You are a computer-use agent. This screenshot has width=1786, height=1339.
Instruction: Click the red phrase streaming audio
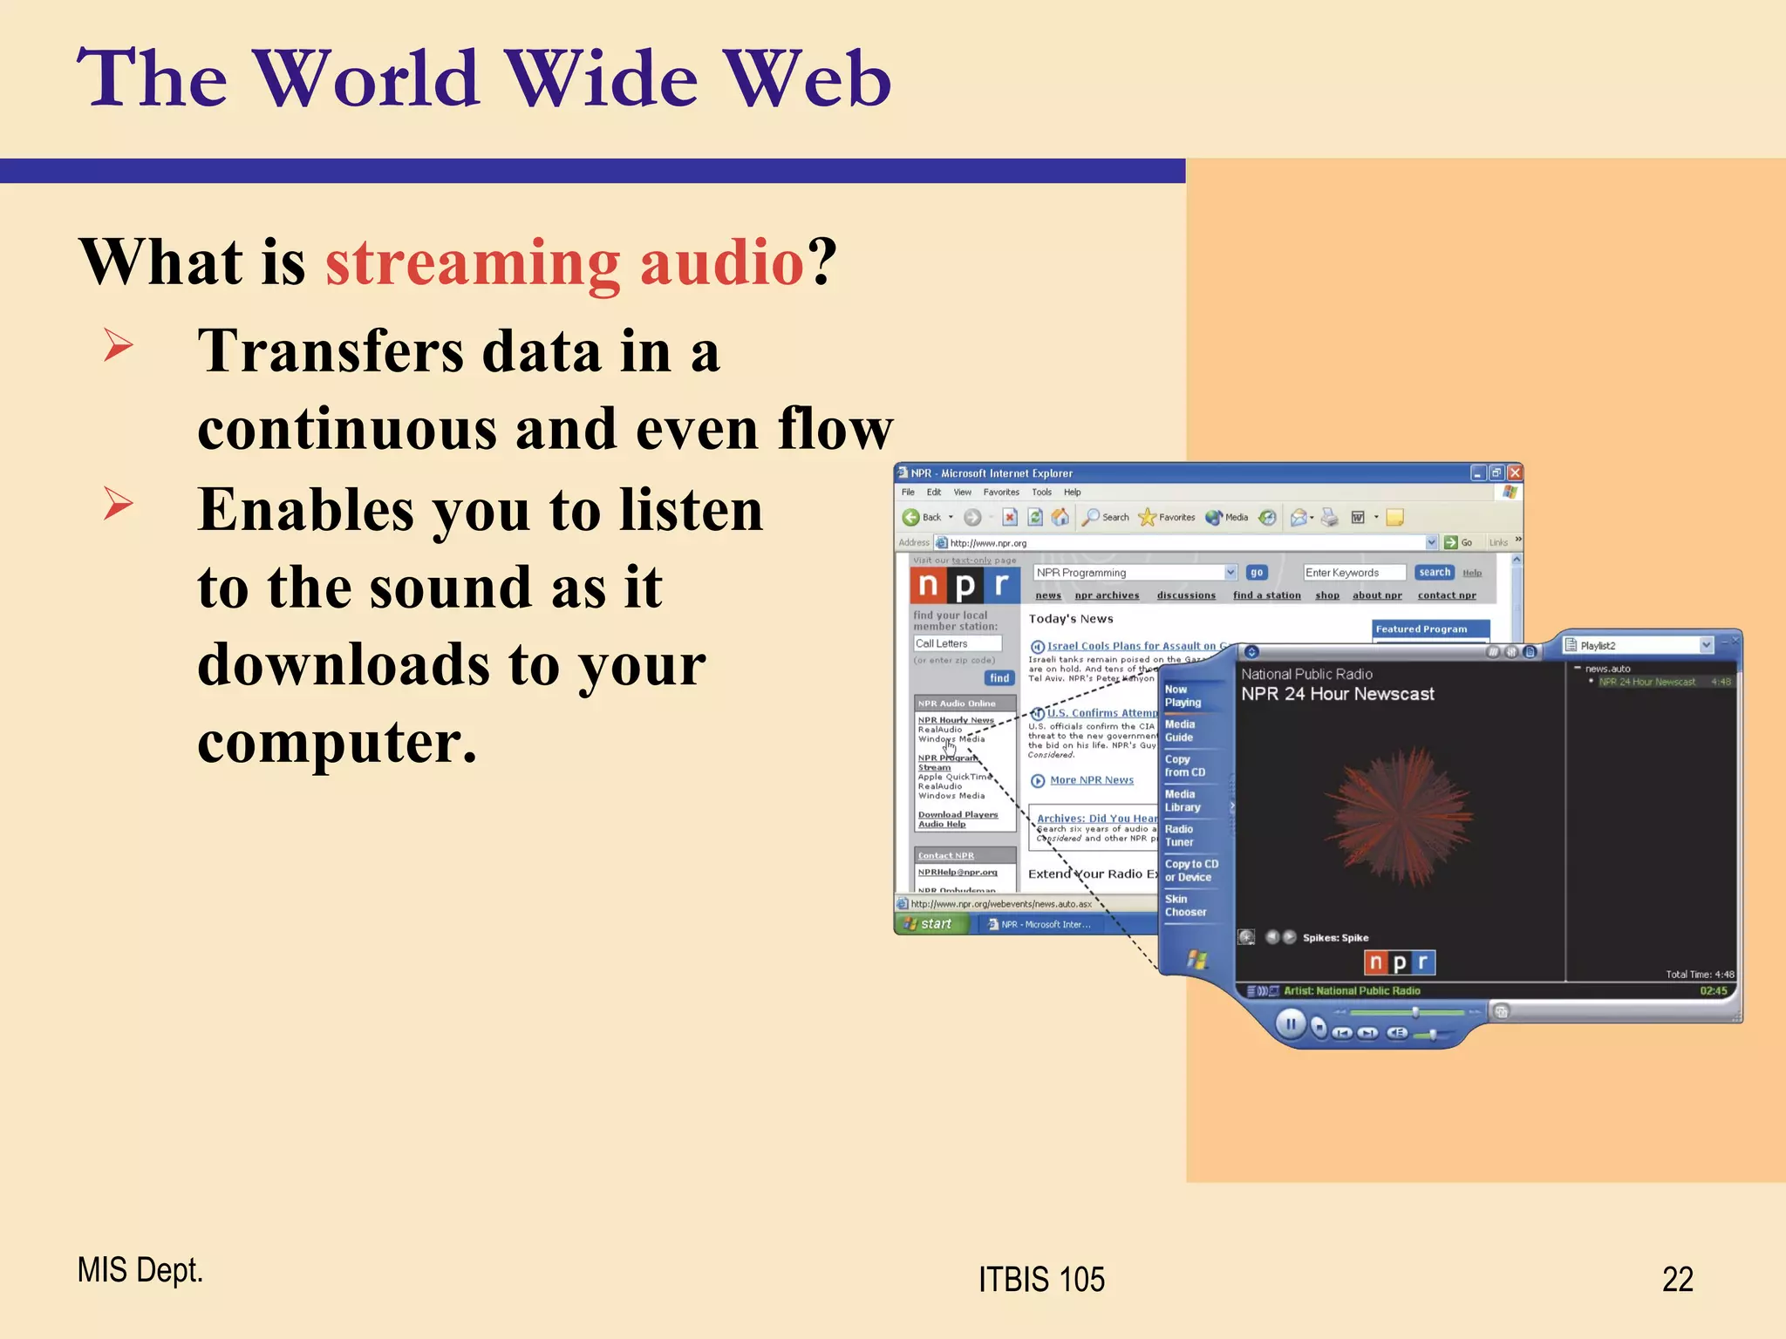pyautogui.click(x=564, y=262)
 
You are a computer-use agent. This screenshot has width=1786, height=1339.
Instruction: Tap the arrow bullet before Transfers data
pyautogui.click(x=119, y=345)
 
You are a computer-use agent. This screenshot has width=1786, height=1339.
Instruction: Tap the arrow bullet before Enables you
pyautogui.click(x=119, y=504)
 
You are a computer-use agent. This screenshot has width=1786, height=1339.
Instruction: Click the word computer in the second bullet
pyautogui.click(x=337, y=743)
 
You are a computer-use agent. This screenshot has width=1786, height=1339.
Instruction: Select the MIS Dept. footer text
pyautogui.click(x=140, y=1270)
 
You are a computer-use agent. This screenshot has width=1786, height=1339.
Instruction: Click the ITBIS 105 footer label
pyautogui.click(x=1041, y=1280)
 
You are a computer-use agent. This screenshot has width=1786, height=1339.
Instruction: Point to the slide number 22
pyautogui.click(x=1677, y=1280)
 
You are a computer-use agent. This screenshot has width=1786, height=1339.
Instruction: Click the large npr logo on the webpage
pyautogui.click(x=964, y=586)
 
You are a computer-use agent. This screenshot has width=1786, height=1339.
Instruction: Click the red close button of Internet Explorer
pyautogui.click(x=1515, y=472)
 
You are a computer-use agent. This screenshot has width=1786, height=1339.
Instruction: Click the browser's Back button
pyautogui.click(x=923, y=517)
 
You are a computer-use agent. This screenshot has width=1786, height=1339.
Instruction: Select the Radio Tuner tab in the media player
pyautogui.click(x=1179, y=835)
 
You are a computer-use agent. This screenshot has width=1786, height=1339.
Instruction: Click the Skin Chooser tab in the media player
pyautogui.click(x=1185, y=906)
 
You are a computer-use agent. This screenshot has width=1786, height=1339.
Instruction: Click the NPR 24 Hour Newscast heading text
pyautogui.click(x=1337, y=694)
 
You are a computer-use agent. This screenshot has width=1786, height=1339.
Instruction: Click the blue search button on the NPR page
pyautogui.click(x=1434, y=573)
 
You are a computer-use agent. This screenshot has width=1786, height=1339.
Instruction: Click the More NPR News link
pyautogui.click(x=1091, y=780)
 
